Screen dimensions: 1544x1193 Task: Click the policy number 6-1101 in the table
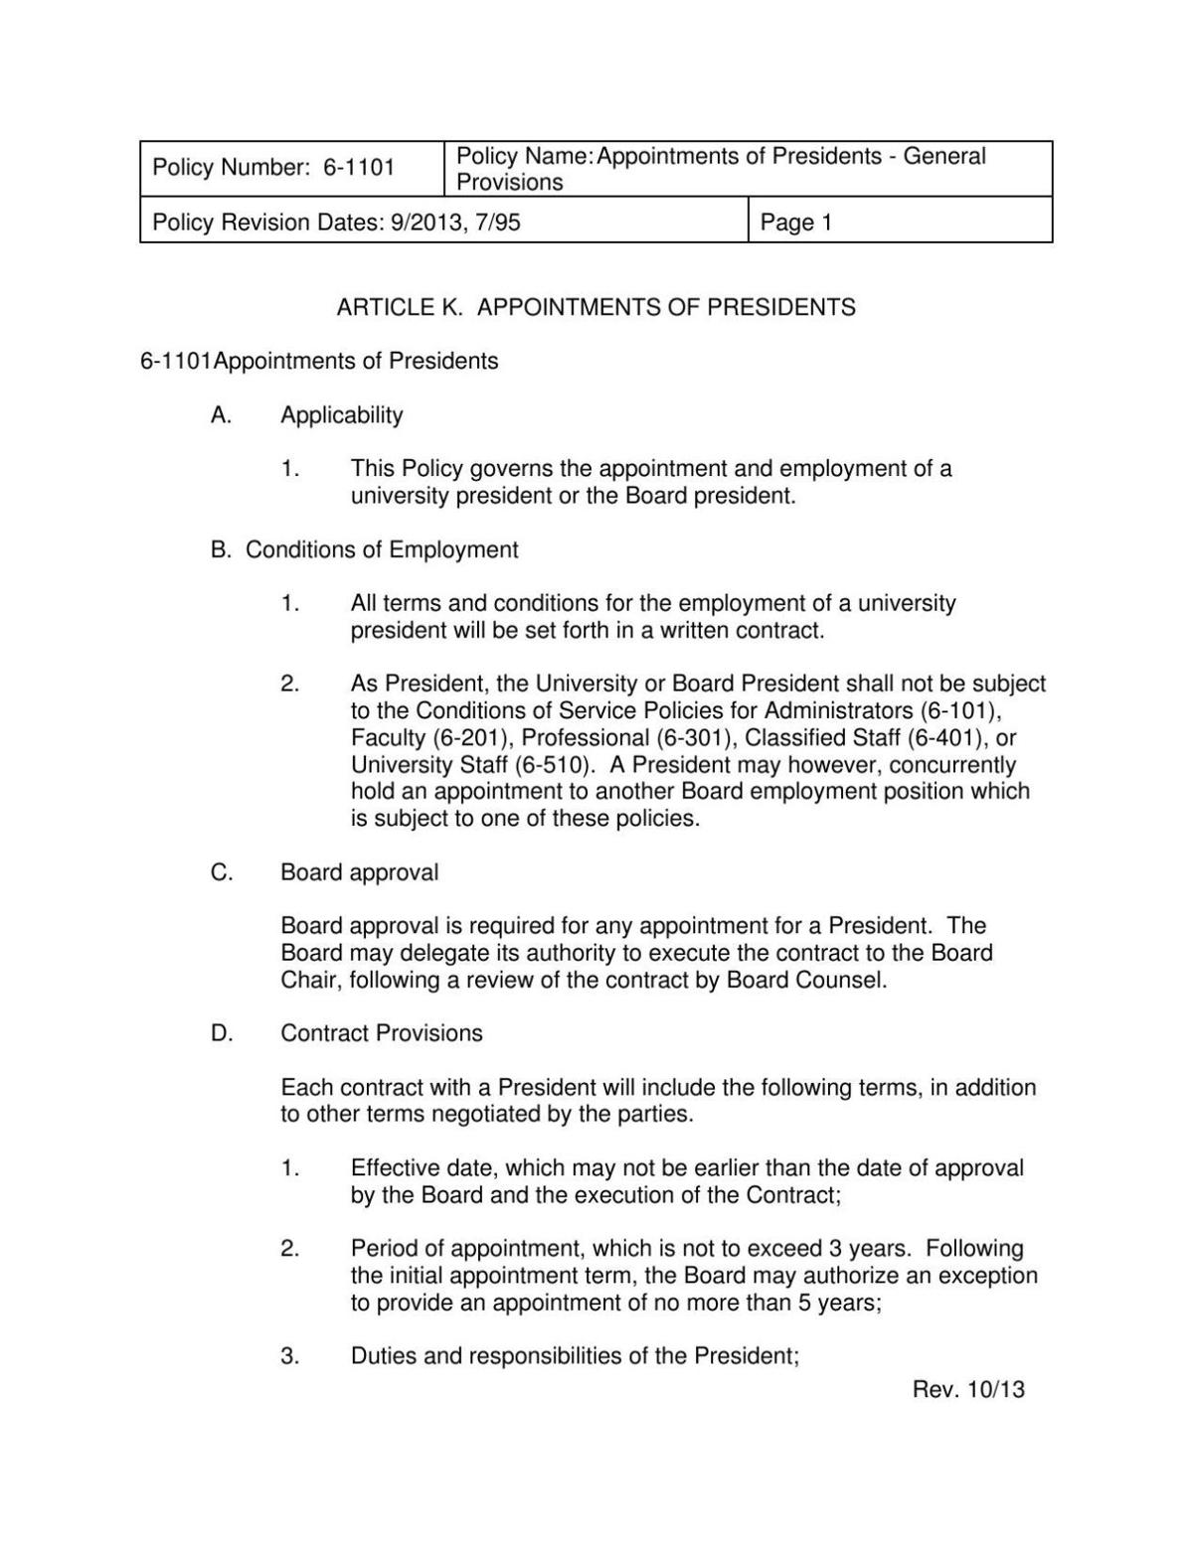click(359, 168)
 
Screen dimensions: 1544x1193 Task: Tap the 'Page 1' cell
click(795, 222)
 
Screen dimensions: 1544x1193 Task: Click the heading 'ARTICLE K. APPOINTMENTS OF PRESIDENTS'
click(596, 307)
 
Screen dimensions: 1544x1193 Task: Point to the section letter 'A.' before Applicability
click(221, 415)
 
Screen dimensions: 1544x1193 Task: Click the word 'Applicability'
click(342, 415)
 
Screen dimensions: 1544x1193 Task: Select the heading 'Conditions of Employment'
click(382, 549)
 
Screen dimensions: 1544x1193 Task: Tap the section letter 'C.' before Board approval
click(222, 872)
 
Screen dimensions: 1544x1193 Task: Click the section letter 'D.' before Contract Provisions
click(222, 1033)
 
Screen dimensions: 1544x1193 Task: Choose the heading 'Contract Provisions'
click(382, 1033)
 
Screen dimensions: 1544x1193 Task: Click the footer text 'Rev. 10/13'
click(968, 1389)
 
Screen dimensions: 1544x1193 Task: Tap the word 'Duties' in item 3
click(384, 1356)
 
